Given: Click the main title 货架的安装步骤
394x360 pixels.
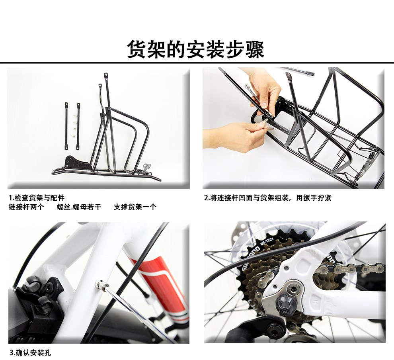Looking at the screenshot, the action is coord(195,49).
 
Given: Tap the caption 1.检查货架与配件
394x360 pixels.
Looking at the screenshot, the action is coord(37,198).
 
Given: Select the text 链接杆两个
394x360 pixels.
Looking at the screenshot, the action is coord(26,207).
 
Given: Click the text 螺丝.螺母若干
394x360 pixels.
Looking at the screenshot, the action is coord(79,207).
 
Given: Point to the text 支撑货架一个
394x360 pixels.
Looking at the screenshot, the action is coord(135,207).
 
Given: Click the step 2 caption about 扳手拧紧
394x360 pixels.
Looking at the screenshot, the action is coord(267,198).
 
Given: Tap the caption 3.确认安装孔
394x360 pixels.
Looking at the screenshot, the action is coord(30,353).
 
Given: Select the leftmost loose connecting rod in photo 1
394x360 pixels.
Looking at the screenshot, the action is coord(66,126).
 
